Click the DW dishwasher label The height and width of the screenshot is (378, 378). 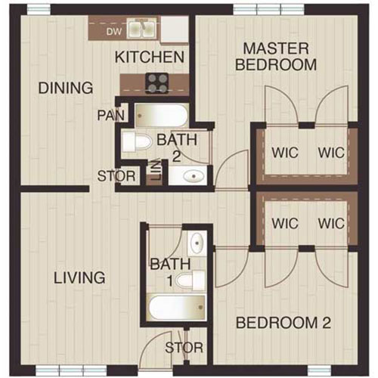(113, 32)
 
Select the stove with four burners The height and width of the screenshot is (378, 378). (156, 82)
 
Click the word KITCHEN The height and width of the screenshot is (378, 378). (150, 57)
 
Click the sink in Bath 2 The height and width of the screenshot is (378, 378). (191, 177)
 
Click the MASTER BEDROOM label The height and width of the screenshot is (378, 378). (275, 57)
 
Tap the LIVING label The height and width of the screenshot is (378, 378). (79, 277)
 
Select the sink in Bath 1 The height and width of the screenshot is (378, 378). (196, 243)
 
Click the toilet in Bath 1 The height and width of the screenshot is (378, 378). (194, 280)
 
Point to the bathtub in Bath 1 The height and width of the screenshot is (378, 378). (176, 308)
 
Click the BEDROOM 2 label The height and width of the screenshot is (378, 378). (283, 324)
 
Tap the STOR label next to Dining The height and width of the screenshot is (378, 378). (116, 177)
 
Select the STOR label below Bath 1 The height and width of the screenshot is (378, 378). (183, 347)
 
